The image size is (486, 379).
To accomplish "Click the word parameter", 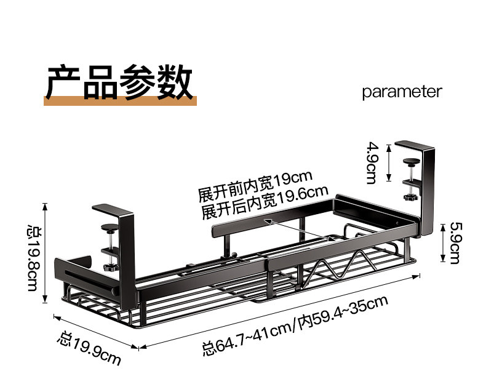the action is (x=402, y=92).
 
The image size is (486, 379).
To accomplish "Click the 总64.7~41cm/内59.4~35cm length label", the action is (x=295, y=326).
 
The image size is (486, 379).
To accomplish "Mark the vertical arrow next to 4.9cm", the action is (x=388, y=162).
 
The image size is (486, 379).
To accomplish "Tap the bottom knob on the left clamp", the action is (x=111, y=268).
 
